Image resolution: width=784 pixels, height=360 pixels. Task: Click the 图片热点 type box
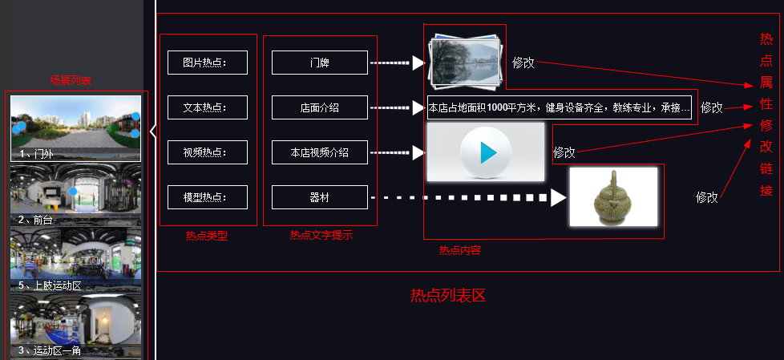[207, 63]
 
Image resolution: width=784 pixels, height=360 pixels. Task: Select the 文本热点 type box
[207, 107]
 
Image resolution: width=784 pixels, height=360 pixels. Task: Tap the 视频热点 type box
[207, 152]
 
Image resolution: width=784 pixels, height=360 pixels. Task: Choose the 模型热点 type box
[207, 197]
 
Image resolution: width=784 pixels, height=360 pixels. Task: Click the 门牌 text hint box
[319, 63]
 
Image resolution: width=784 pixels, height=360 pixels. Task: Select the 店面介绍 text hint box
[319, 107]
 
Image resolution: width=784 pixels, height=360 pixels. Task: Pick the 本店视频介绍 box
[319, 152]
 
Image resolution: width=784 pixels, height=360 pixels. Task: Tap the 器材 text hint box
[319, 197]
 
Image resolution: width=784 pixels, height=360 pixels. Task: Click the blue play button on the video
[485, 152]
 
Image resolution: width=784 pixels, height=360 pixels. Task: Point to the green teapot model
[613, 196]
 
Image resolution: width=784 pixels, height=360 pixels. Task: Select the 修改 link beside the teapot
[707, 197]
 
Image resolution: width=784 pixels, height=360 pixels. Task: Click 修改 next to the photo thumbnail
[523, 63]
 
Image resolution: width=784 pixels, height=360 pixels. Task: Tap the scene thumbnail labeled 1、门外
[75, 128]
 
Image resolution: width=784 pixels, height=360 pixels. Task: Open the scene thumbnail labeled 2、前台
[75, 194]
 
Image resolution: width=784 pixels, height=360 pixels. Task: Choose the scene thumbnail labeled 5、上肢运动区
[75, 258]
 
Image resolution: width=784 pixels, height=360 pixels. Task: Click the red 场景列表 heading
[71, 80]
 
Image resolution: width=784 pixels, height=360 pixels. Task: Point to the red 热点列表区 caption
[448, 296]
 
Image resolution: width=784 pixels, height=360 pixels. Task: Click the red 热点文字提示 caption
[321, 236]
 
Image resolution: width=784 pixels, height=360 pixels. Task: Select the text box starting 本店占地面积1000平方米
[559, 108]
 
